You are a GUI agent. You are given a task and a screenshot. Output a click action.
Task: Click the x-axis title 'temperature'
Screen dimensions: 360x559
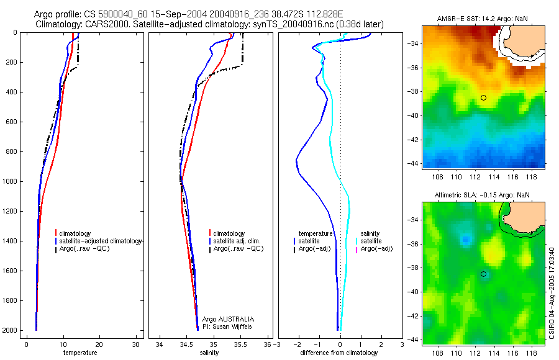pos(80,353)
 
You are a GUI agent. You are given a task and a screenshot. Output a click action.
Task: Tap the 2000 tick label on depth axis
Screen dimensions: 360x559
pos(10,330)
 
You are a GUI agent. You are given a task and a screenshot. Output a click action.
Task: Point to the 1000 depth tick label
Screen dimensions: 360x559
pos(10,181)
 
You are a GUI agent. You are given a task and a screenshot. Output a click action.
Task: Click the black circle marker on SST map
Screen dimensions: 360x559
pos(483,98)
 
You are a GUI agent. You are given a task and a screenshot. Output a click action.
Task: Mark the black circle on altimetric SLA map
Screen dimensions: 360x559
pos(483,274)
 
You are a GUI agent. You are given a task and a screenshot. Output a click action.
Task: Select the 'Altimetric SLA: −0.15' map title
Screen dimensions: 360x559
pos(469,195)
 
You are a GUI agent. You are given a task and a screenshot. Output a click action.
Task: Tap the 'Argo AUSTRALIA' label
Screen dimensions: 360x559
pos(228,319)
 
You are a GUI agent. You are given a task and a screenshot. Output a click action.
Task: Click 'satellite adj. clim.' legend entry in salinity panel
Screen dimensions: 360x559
pos(237,241)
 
